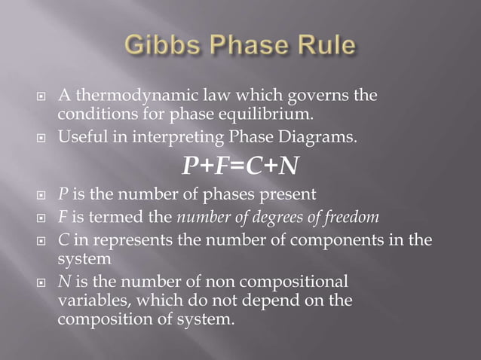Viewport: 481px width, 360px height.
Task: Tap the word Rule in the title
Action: pos(322,46)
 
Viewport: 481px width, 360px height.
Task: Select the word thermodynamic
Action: pos(124,96)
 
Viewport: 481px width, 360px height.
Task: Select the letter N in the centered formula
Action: pos(286,165)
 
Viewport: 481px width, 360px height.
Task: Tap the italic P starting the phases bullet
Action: pos(63,194)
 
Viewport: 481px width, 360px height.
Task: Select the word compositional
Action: pos(296,282)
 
